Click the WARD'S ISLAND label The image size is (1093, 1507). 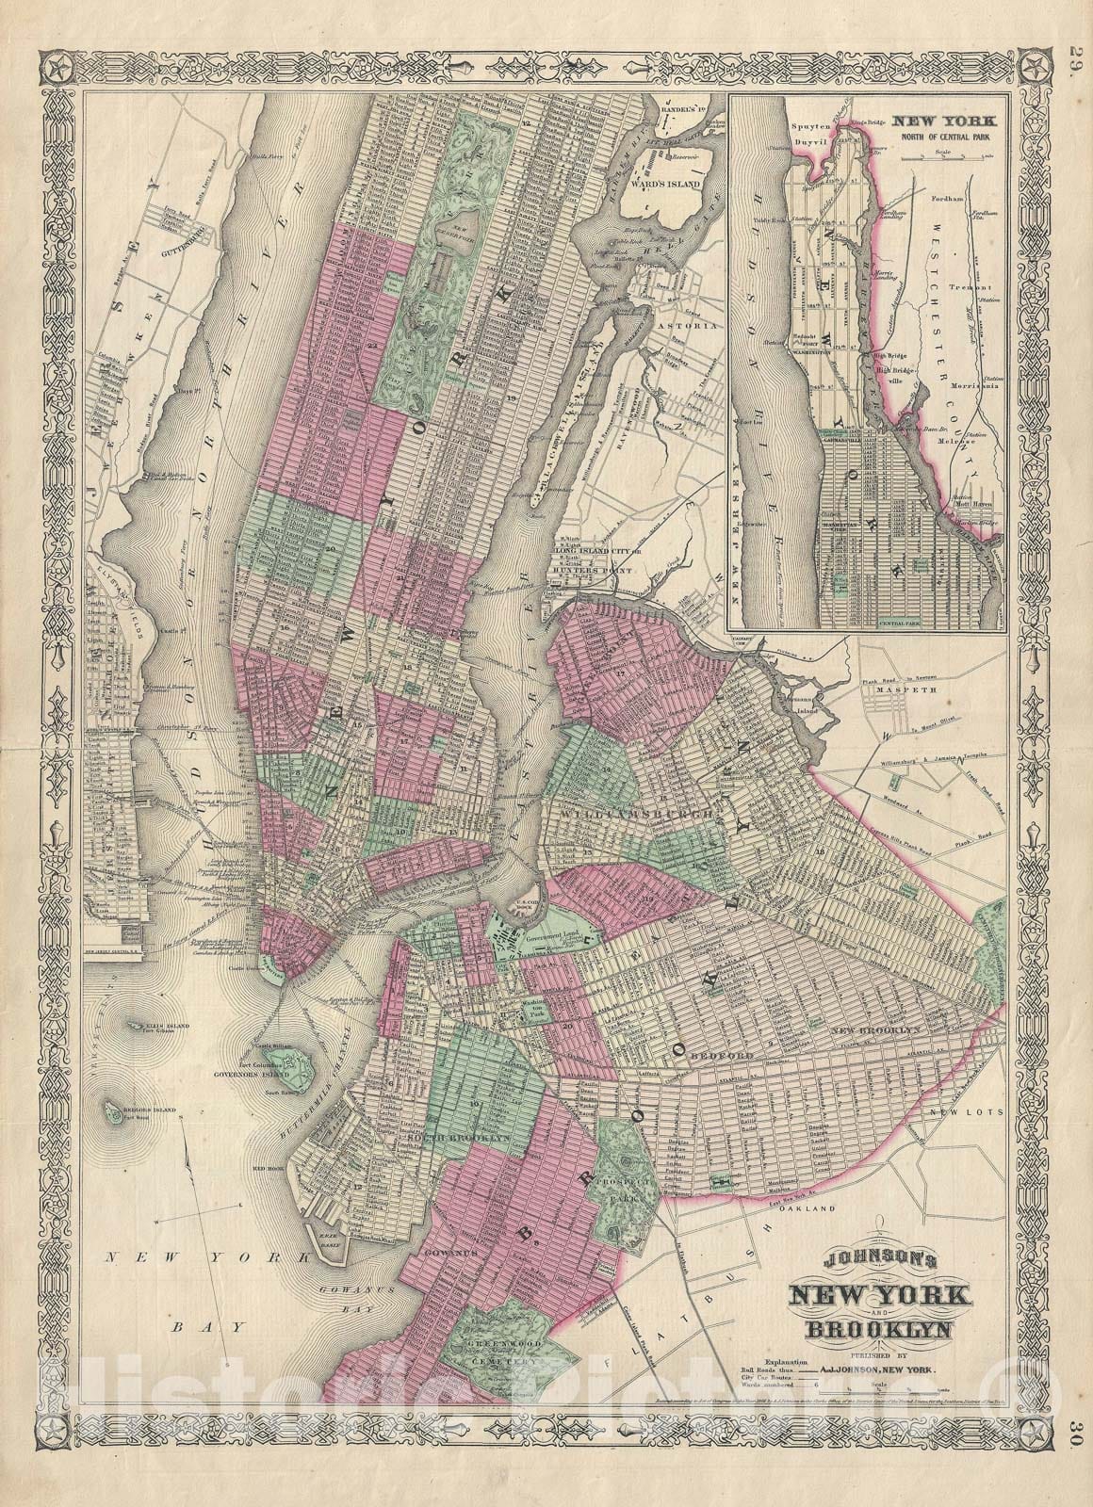(670, 183)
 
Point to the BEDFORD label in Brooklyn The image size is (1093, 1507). (723, 1057)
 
